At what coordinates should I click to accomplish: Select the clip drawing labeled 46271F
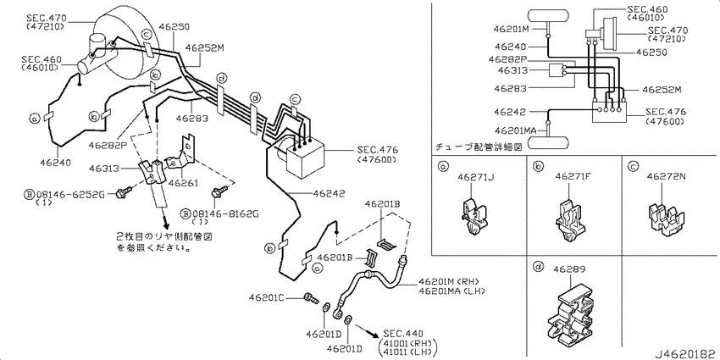coord(573,219)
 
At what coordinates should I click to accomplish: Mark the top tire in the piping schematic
coord(551,14)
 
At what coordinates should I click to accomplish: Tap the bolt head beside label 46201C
coord(310,298)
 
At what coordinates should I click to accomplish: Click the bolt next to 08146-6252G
coord(124,194)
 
